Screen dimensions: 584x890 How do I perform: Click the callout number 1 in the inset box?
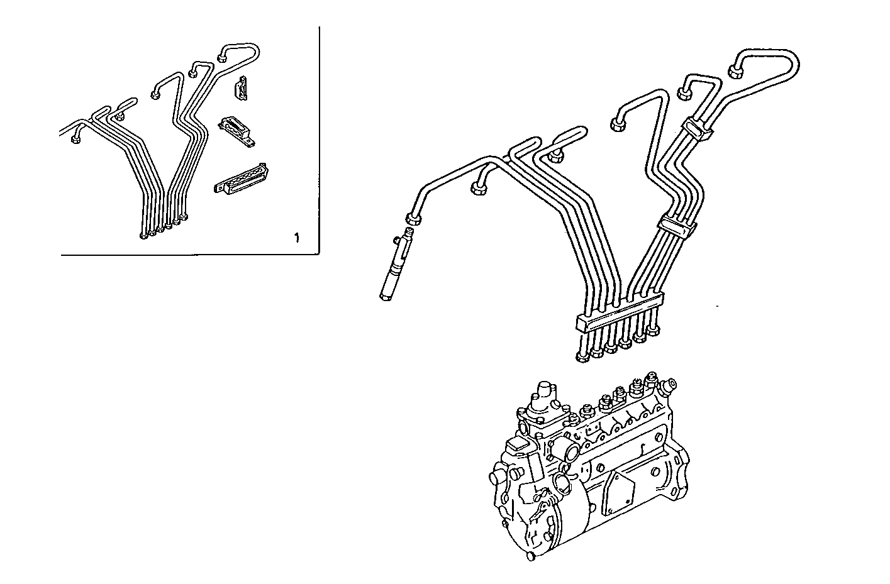(x=296, y=238)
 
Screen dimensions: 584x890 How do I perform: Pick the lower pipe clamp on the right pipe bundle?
(x=674, y=226)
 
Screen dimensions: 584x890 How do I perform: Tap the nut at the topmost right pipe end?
(x=737, y=70)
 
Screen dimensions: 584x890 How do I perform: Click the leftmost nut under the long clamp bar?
(x=583, y=357)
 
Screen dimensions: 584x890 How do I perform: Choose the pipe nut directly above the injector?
(x=413, y=219)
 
